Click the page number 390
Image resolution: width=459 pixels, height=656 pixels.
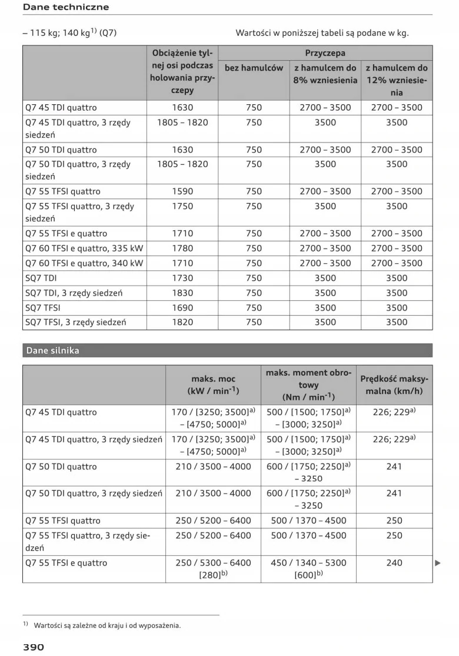(x=34, y=647)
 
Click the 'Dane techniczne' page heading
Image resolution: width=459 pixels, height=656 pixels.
(x=65, y=7)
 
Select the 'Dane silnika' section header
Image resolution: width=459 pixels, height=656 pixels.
(x=52, y=350)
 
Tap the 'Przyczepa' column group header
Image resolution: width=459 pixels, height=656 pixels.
(x=325, y=53)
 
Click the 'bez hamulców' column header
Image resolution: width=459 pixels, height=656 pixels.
(x=254, y=68)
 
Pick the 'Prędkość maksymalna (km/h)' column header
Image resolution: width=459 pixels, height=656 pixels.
(x=394, y=385)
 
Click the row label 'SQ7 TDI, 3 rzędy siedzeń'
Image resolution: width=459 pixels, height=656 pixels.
(x=74, y=293)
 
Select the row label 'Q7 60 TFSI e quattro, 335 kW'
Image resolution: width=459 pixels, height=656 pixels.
(x=84, y=248)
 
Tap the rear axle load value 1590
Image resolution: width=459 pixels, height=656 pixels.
(x=182, y=191)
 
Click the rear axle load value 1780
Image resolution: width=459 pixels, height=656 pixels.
(x=182, y=248)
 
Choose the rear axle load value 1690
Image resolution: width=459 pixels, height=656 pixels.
(x=182, y=307)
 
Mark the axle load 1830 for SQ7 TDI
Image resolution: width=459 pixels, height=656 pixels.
(x=182, y=293)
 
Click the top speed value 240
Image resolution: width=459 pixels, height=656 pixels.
(x=394, y=562)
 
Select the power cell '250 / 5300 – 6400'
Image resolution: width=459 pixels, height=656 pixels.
(x=212, y=562)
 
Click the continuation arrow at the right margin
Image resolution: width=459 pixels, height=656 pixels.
(x=437, y=563)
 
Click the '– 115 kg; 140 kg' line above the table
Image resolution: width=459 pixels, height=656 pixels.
(x=69, y=33)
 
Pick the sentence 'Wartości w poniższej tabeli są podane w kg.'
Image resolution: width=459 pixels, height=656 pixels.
(x=322, y=33)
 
